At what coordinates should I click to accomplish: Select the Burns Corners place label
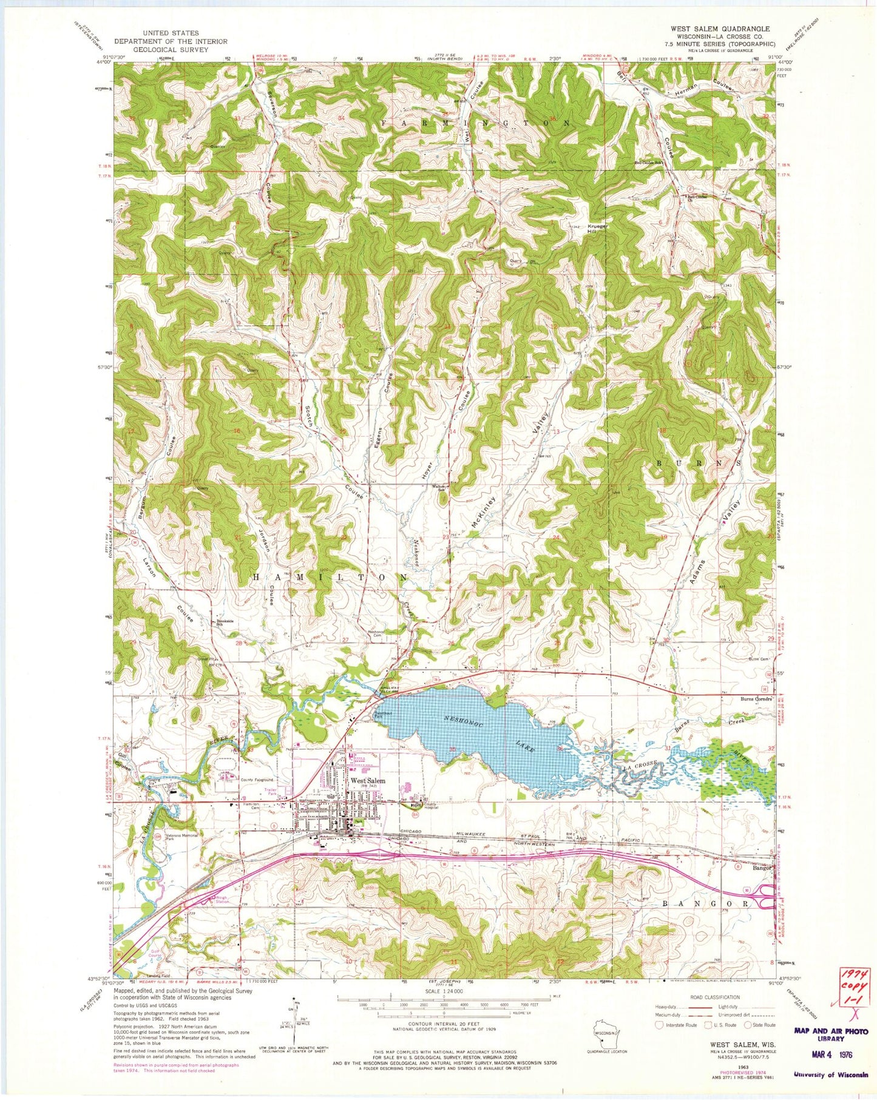coord(755,699)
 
